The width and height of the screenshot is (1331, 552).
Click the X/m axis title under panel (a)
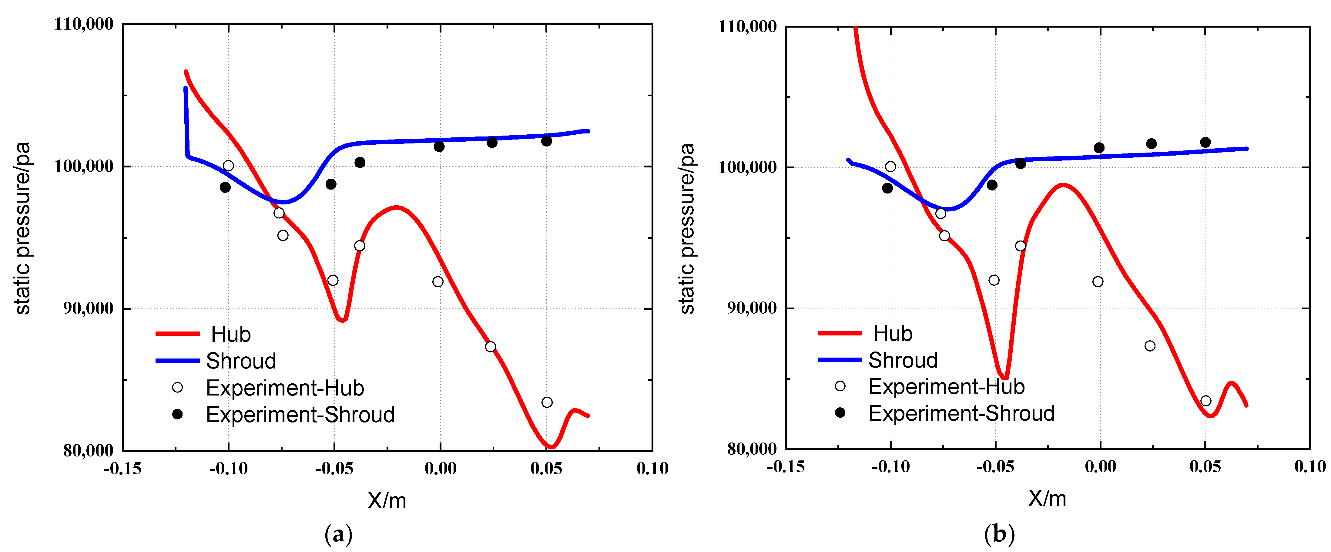click(387, 500)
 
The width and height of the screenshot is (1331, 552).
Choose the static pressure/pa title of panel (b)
click(688, 228)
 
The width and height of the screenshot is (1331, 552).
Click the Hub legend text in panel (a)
click(230, 335)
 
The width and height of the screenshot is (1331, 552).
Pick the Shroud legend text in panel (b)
click(903, 360)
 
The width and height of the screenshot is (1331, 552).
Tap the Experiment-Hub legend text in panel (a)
click(285, 388)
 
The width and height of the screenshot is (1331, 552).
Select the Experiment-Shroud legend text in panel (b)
click(961, 413)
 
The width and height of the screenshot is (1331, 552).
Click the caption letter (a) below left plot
click(338, 534)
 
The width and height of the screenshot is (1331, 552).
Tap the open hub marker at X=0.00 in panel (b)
click(1098, 282)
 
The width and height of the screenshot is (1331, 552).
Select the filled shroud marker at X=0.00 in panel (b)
click(1099, 148)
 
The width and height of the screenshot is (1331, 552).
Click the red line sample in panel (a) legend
click(177, 334)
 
